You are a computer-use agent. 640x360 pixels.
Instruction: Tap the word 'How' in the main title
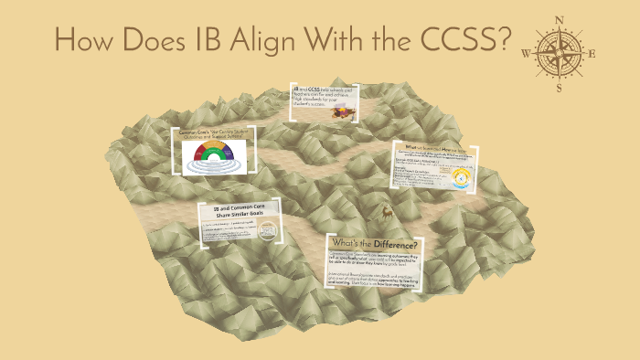coord(84,41)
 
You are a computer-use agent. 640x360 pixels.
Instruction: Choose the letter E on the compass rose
coord(592,53)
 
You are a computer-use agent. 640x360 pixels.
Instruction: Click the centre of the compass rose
coord(560,53)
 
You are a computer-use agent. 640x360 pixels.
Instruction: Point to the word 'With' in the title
coord(341,41)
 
